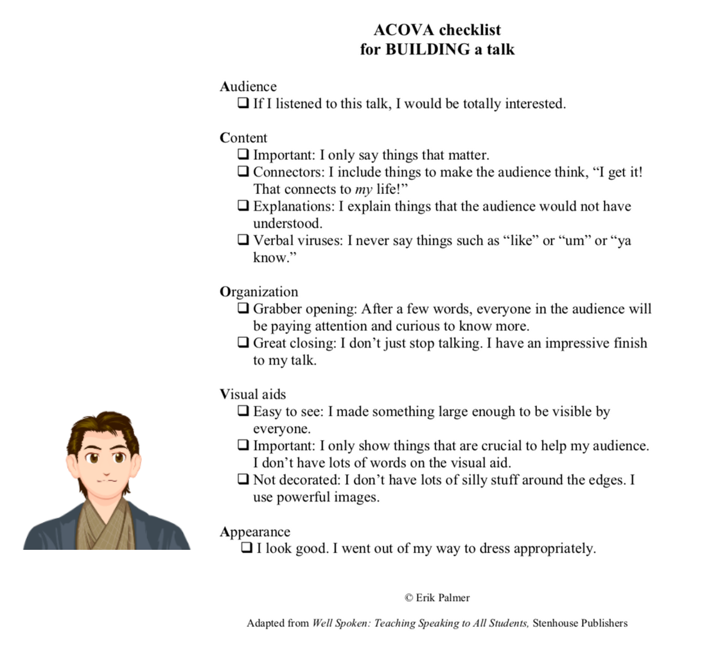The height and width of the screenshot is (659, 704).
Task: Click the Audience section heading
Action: [x=248, y=87]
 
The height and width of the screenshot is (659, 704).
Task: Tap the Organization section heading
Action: [x=259, y=292]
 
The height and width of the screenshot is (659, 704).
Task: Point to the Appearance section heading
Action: [x=255, y=532]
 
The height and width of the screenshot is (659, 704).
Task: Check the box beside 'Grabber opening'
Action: [x=243, y=308]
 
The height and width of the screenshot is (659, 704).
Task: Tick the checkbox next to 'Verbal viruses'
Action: [x=243, y=240]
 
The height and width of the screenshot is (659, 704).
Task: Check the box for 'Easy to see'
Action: [x=243, y=411]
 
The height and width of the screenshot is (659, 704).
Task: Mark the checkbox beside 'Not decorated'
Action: [x=243, y=479]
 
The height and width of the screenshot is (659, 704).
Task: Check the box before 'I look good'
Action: [x=247, y=549]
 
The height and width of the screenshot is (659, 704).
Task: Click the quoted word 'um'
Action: [x=575, y=242]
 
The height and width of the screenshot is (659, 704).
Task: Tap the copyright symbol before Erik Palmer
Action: [x=409, y=598]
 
